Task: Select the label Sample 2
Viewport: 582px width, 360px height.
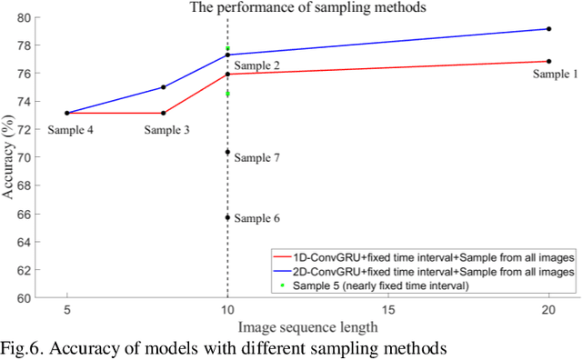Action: click(256, 66)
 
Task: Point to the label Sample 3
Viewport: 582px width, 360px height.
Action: click(167, 130)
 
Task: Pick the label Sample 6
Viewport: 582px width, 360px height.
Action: click(256, 218)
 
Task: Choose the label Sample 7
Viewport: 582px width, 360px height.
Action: click(256, 158)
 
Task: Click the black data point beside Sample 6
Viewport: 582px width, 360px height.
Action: click(227, 217)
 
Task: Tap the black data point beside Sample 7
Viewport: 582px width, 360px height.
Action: click(227, 152)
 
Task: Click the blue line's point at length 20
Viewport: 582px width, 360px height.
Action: click(549, 29)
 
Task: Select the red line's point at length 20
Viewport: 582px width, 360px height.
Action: click(549, 61)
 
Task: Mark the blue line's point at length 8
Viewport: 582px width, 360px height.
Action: click(163, 87)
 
